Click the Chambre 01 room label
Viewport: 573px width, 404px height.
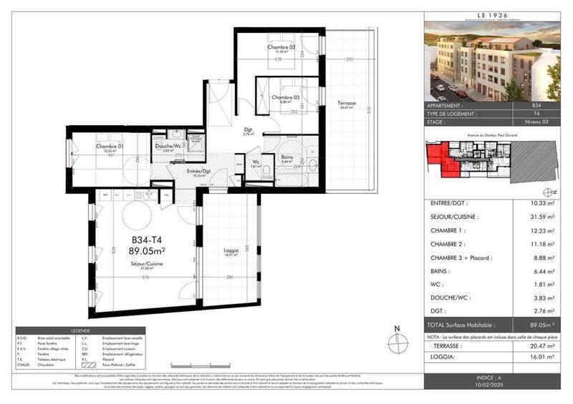click(x=111, y=147)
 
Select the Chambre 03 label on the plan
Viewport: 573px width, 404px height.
click(x=284, y=97)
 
